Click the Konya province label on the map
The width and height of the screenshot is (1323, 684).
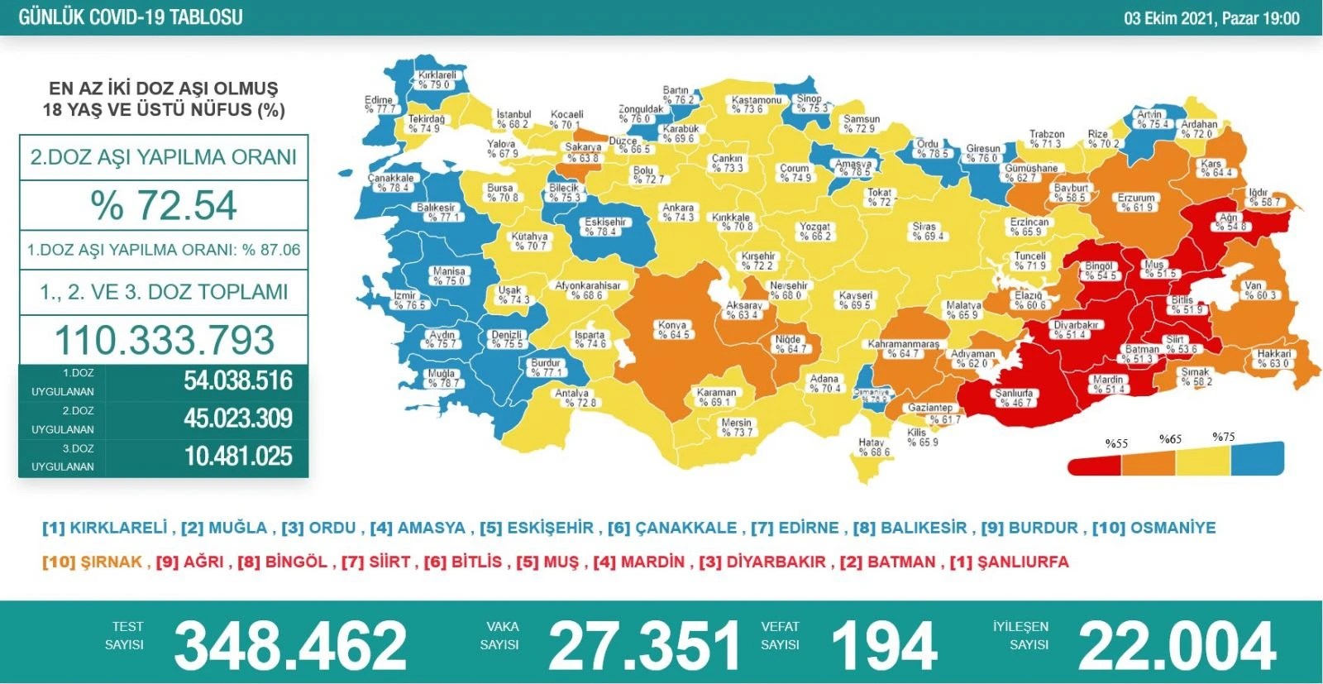673,330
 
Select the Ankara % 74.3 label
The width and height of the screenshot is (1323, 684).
678,213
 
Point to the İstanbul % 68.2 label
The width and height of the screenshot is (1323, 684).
513,119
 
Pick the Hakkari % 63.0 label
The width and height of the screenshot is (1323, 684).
1273,358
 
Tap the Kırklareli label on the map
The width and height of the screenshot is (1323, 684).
435,79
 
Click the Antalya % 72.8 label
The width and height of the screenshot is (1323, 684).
574,398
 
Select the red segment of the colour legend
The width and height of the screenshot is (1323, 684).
1094,464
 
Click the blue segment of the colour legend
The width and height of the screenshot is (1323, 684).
1257,458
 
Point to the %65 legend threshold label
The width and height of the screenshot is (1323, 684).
1170,439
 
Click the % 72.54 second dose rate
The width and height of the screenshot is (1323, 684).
164,205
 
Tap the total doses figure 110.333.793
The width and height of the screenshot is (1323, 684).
164,340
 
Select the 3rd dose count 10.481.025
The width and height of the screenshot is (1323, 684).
238,457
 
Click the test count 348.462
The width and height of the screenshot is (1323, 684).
289,646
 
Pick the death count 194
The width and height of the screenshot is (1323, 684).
883,646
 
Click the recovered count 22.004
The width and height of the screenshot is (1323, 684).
1177,646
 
